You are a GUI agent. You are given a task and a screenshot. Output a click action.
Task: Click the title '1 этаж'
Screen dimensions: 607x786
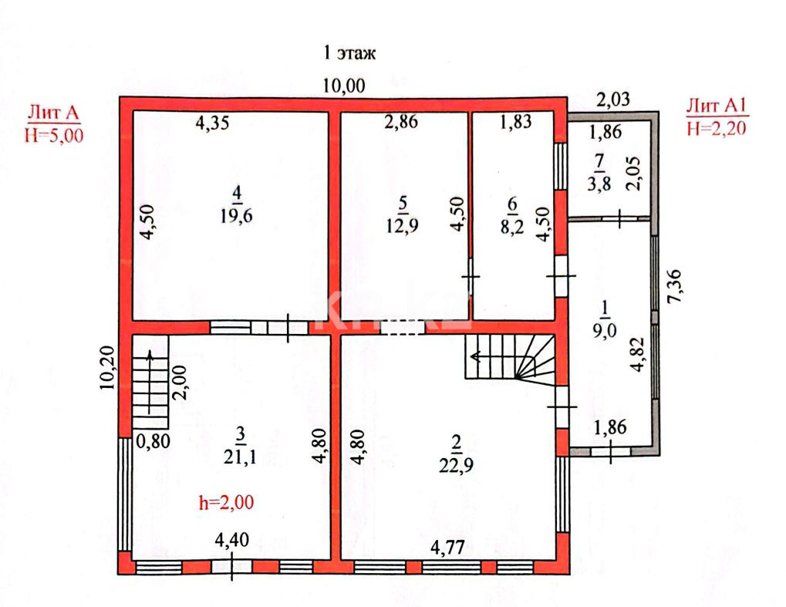click(349, 53)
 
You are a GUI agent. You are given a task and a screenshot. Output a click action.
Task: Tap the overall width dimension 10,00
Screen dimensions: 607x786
click(344, 86)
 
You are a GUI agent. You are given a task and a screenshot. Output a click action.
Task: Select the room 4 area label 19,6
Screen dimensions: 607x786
click(236, 215)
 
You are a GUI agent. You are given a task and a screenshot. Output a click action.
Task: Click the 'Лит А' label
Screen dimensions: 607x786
click(53, 113)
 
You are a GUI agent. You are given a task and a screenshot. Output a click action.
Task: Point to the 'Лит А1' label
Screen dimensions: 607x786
click(717, 106)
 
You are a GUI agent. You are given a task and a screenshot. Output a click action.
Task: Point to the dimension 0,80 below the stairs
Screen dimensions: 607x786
click(151, 442)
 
